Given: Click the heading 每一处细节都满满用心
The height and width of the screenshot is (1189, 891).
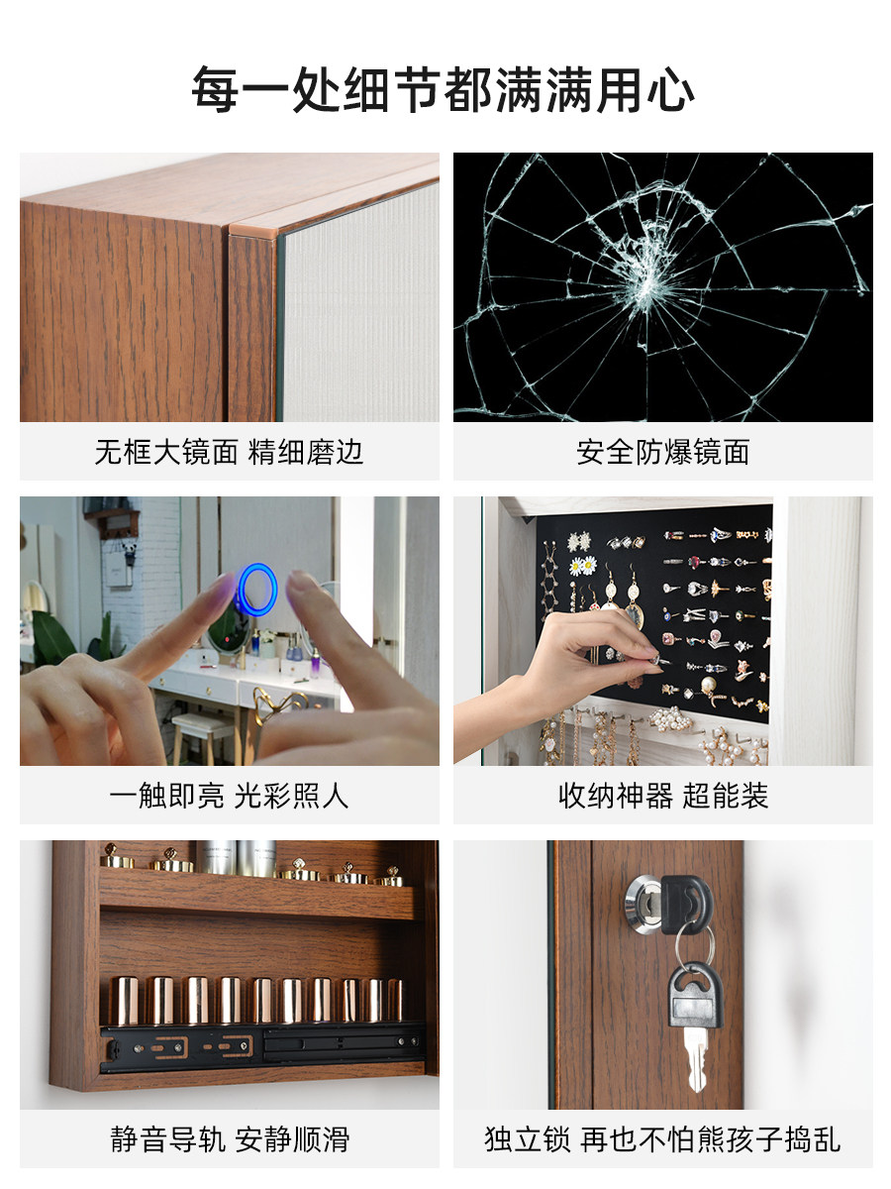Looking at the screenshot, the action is click(x=443, y=90).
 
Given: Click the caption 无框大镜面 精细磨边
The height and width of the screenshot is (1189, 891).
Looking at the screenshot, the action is click(x=229, y=452).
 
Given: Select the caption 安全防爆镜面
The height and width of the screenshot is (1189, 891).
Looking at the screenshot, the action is click(x=662, y=452).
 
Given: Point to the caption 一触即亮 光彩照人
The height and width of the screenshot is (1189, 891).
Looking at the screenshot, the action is click(x=229, y=796).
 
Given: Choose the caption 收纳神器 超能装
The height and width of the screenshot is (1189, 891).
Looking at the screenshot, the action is click(x=662, y=796).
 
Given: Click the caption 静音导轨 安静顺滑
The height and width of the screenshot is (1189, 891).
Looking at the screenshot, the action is click(x=230, y=1139).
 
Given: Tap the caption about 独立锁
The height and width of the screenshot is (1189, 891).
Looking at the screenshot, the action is click(x=662, y=1139).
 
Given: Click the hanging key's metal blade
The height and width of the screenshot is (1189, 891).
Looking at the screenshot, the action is click(x=695, y=1060).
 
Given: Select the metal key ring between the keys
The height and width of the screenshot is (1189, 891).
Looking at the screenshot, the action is click(x=695, y=945).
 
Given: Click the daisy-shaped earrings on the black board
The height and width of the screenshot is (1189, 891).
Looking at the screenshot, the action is click(x=583, y=566).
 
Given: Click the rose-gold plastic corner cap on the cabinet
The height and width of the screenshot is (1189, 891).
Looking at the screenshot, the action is click(x=253, y=229).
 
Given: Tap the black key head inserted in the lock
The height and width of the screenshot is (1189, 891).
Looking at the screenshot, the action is click(x=685, y=905).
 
